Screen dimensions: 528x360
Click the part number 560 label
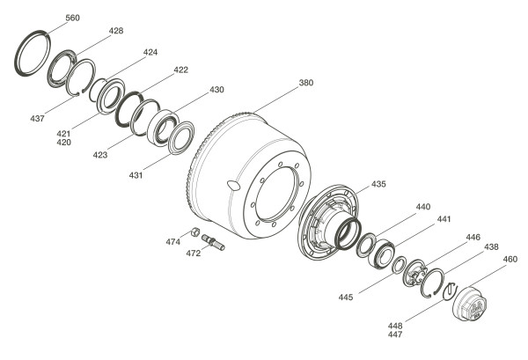(72, 18)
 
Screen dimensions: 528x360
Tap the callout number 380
(306, 83)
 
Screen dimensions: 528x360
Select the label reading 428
(116, 31)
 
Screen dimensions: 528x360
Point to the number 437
(37, 119)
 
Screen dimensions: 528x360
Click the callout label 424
(150, 53)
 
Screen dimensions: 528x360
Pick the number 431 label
(136, 175)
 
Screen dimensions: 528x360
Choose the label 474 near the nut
(173, 242)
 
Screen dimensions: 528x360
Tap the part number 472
(194, 253)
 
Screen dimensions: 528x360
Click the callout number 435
(378, 184)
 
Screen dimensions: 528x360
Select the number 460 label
(510, 260)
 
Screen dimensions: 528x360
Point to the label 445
(346, 298)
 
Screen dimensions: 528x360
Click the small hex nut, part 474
(195, 231)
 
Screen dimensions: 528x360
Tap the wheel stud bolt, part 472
(214, 242)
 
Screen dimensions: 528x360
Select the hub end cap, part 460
(470, 304)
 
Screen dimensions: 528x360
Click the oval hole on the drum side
(233, 185)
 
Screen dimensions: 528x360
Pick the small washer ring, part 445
(400, 264)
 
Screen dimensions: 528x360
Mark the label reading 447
(395, 334)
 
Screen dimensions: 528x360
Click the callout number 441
(444, 219)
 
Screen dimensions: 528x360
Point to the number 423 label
(100, 155)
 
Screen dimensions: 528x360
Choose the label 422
(181, 70)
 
